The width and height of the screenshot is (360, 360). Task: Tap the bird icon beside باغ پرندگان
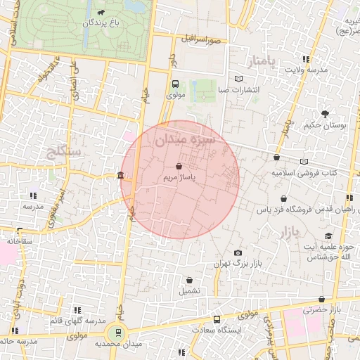click(x=103, y=13)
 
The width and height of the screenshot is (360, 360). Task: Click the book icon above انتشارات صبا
click(x=240, y=79)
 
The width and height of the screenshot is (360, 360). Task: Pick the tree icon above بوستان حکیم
click(x=325, y=113)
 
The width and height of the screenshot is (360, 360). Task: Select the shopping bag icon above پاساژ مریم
click(x=179, y=167)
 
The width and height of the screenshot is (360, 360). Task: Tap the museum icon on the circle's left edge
click(x=122, y=175)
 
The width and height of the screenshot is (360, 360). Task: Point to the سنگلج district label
click(x=63, y=152)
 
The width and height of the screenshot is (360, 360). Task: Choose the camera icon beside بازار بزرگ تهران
click(x=238, y=253)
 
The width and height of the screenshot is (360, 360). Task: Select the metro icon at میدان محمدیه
click(x=117, y=332)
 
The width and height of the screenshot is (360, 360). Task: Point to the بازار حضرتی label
click(x=326, y=309)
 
